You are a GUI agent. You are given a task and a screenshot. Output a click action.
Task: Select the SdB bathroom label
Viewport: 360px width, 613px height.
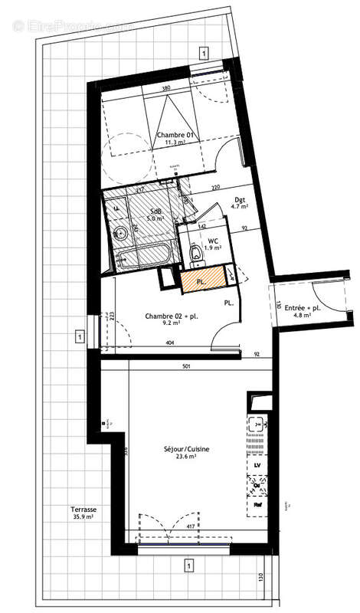155,211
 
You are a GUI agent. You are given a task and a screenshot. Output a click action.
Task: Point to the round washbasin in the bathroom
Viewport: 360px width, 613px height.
119,234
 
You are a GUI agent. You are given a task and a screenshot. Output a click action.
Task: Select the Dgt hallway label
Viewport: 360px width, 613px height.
240,201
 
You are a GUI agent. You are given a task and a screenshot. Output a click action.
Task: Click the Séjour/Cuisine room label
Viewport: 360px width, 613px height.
186,449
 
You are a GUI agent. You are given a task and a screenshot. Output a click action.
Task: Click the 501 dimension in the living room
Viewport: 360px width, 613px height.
186,365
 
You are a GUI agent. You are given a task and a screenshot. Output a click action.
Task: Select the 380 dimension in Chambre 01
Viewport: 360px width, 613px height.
166,89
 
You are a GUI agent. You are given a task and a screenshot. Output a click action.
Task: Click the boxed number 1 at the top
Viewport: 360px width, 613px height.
203,52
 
